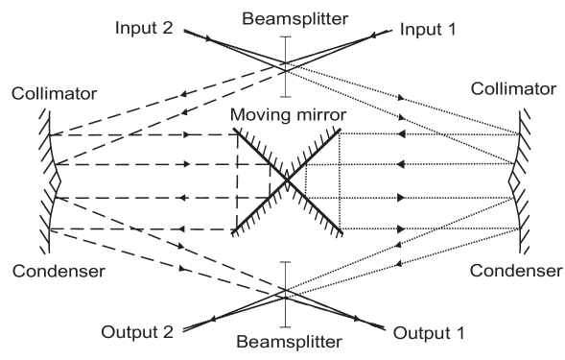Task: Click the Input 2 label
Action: coord(143,29)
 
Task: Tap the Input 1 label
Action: coord(428,29)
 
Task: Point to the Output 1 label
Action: coord(429,333)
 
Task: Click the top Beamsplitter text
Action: coord(284,18)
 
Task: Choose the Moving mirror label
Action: coord(288,116)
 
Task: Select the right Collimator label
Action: coord(514,89)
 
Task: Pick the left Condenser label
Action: coord(58,271)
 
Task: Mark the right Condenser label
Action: coord(515,271)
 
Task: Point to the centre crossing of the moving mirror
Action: coord(286,180)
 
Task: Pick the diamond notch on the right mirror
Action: coord(514,180)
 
